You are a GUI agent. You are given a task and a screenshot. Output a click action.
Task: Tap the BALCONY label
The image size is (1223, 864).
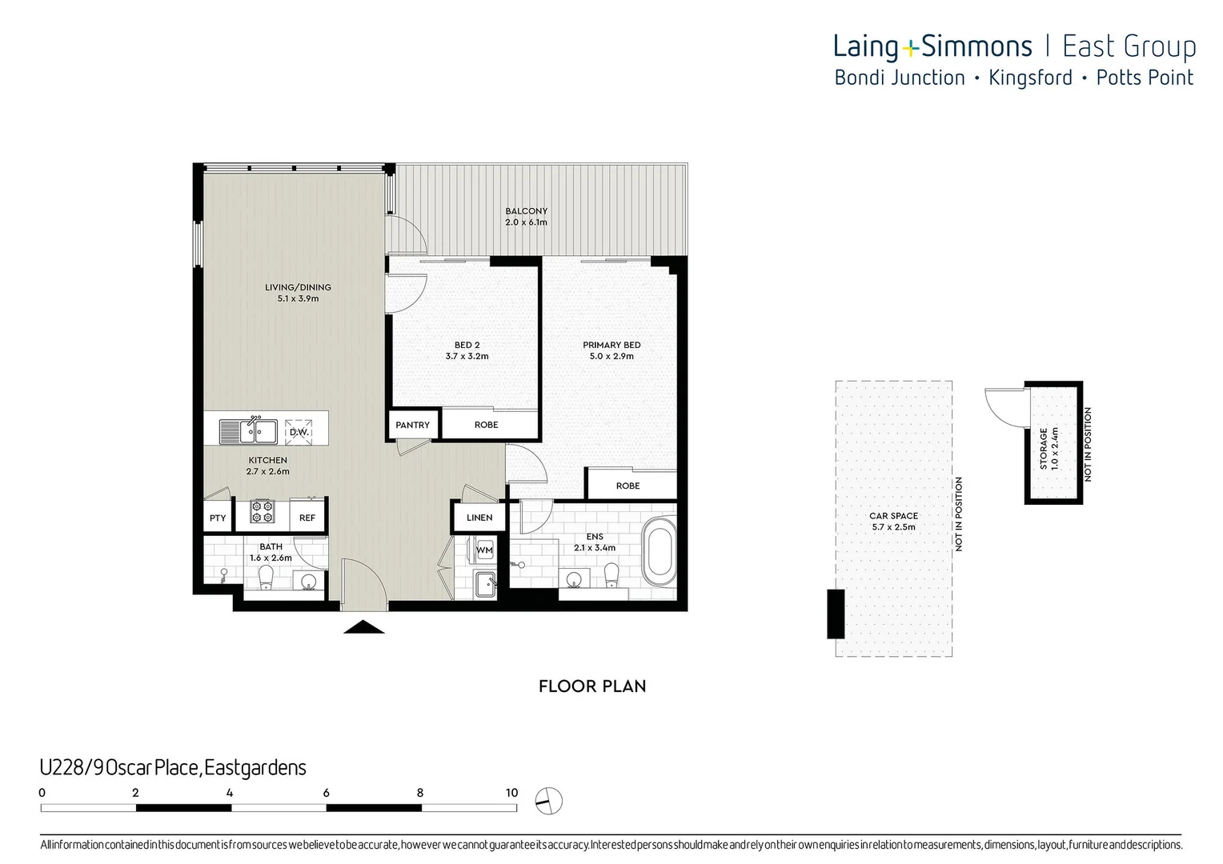pos(526,211)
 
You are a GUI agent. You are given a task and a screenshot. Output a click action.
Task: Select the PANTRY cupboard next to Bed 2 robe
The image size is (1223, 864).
pos(412,425)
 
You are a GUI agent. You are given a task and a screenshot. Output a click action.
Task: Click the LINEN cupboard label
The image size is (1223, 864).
pos(479,518)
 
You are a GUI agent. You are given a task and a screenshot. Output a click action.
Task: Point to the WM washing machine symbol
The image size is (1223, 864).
pos(484,550)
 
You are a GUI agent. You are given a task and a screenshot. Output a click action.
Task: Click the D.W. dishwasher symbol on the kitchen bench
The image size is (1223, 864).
pos(299,431)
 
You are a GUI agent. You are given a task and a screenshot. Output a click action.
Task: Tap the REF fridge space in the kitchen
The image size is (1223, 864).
pos(307,518)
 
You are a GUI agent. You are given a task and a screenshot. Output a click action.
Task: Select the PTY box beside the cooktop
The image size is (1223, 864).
pos(218,518)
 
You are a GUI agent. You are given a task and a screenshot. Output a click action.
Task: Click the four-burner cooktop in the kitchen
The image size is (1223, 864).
pos(263,511)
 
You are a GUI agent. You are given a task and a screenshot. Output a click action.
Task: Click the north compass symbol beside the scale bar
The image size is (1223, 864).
pos(550,799)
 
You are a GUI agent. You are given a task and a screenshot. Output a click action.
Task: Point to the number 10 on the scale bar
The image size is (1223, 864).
pos(511,793)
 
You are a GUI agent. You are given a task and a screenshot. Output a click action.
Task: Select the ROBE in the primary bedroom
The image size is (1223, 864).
pos(628,486)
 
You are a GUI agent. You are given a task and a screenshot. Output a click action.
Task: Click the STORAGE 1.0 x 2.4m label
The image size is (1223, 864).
pos(1049,448)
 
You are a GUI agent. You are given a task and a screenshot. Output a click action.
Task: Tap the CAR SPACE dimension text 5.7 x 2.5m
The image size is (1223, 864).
pos(893,527)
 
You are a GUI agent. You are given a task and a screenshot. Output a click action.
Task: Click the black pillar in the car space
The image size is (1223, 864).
pos(835,614)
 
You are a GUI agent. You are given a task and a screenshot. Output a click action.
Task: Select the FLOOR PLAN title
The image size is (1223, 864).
pos(592,686)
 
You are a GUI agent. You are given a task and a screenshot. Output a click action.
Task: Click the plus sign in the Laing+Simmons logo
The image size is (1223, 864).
pos(910,49)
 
